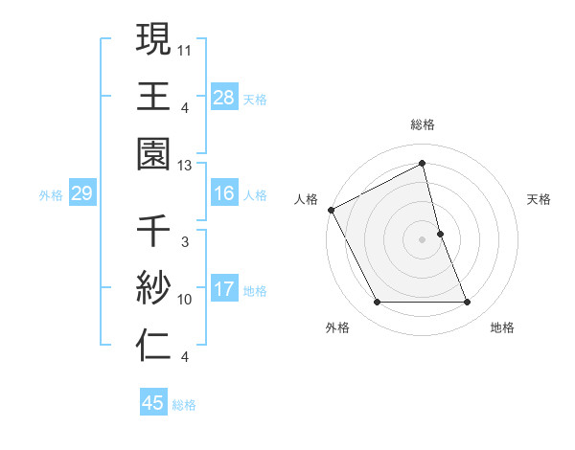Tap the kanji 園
[x=153, y=152]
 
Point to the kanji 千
[x=153, y=234]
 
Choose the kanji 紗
[x=153, y=289]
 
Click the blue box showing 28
[x=223, y=97]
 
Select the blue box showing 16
[x=223, y=193]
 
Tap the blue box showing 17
[x=223, y=289]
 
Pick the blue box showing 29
[x=81, y=194]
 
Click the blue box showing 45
[x=153, y=403]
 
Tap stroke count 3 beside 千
[x=184, y=243]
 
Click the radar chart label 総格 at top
[x=423, y=125]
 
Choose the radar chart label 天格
[x=539, y=199]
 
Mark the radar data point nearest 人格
[x=332, y=210]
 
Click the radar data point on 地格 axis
[x=468, y=303]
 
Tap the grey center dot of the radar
[x=423, y=239]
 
